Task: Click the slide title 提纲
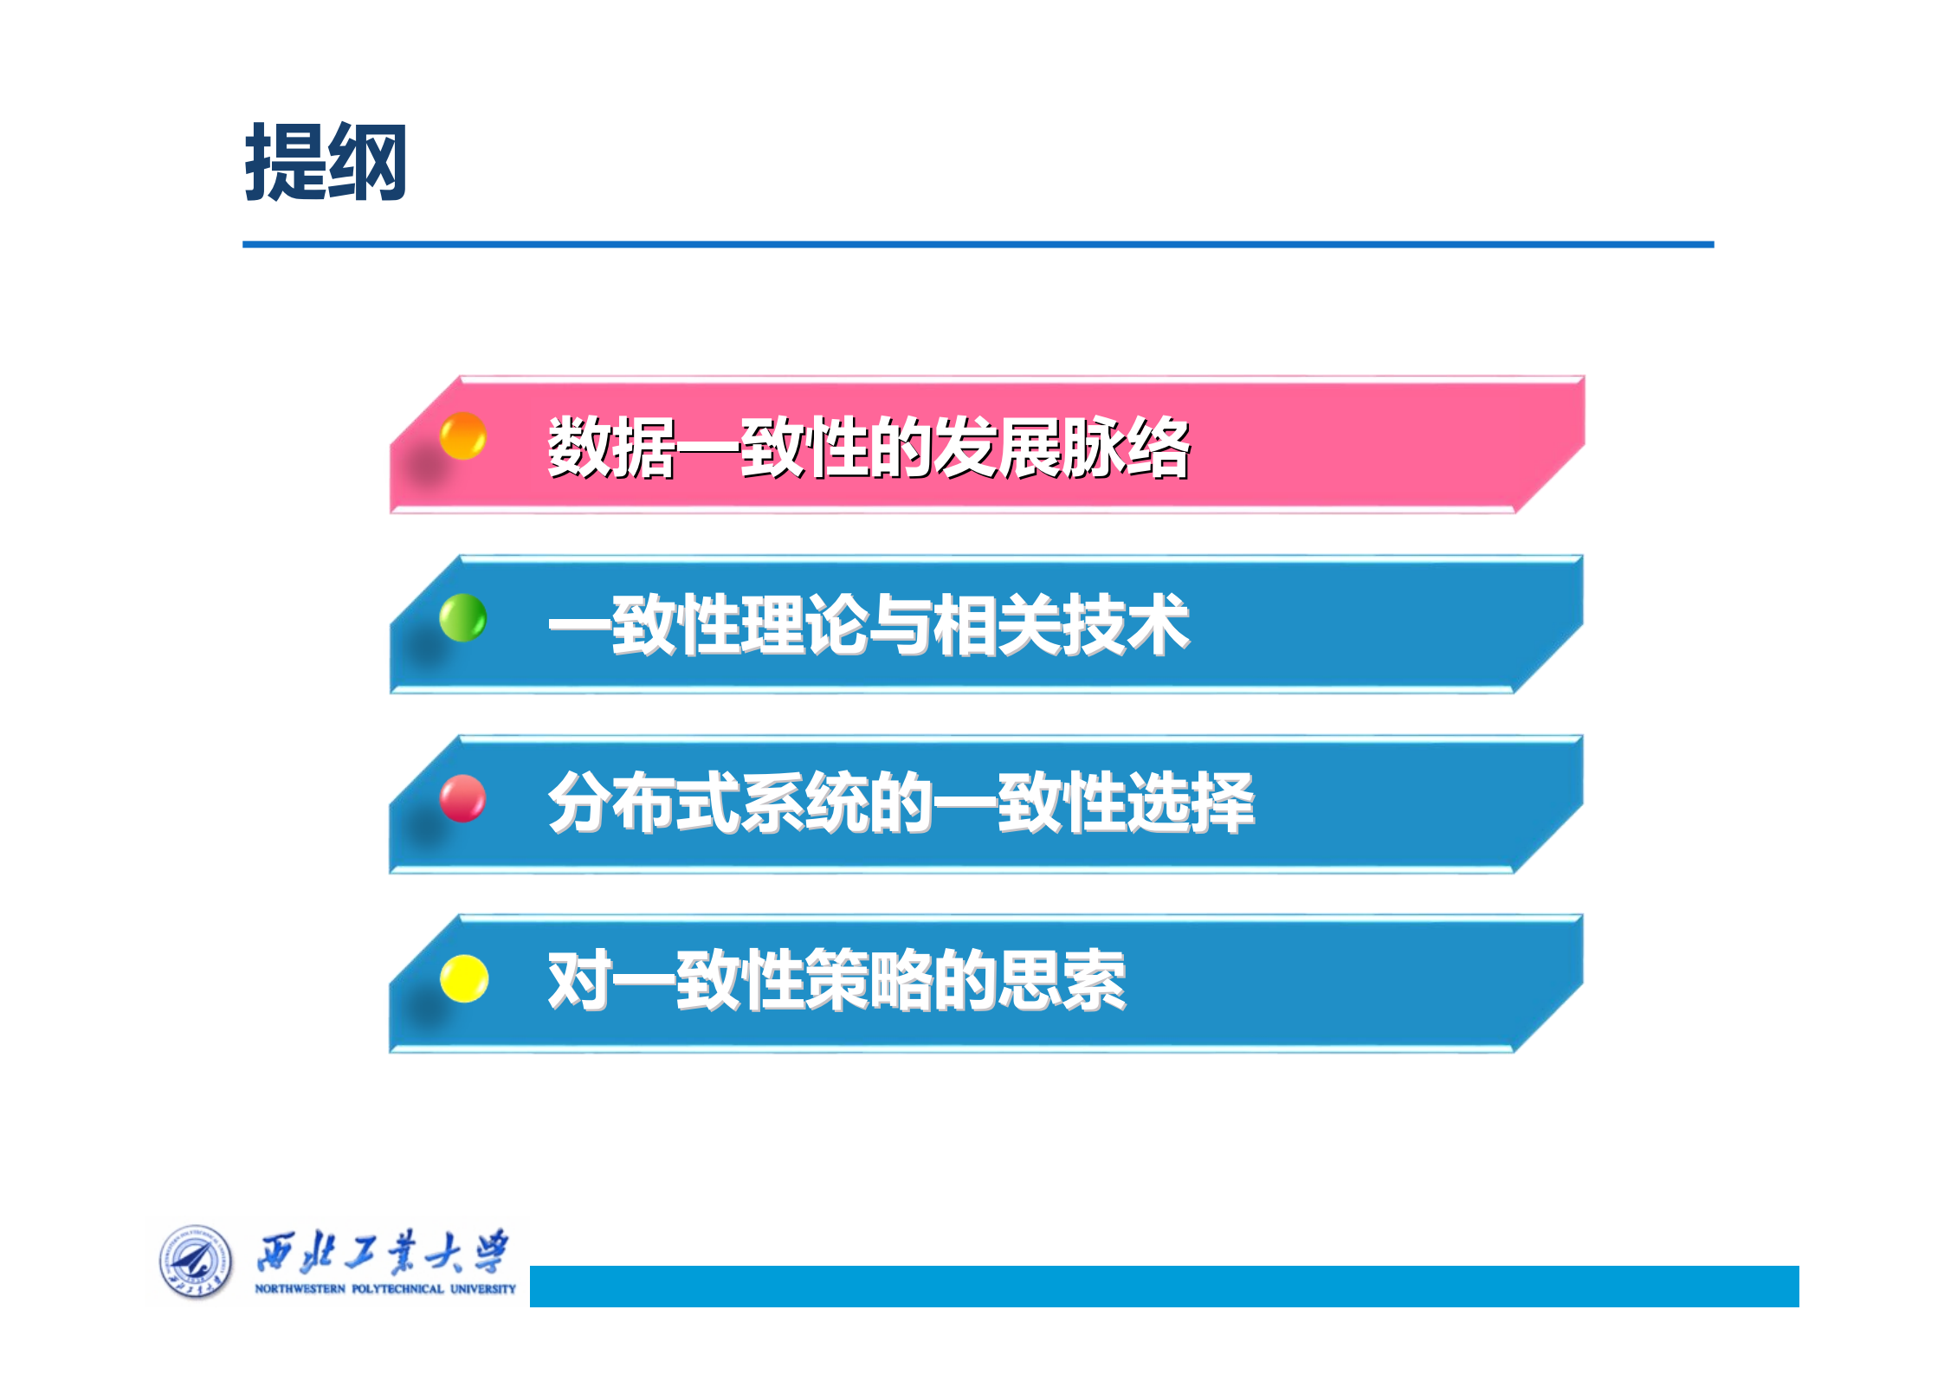(x=326, y=163)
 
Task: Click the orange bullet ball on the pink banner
(x=462, y=435)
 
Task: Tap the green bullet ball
(x=462, y=617)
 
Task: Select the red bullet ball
(x=462, y=797)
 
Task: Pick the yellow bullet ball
(x=464, y=978)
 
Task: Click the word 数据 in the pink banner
(x=611, y=448)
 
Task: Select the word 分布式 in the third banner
(x=643, y=803)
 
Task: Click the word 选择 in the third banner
(x=1191, y=803)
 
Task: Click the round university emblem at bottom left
(x=196, y=1261)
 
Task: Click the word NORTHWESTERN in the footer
(x=300, y=1289)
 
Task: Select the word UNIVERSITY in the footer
(x=483, y=1289)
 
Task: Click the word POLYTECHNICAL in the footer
(x=397, y=1289)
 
